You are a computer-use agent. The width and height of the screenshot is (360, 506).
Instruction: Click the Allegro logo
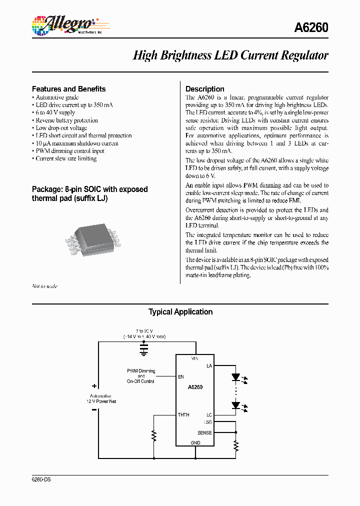(63, 25)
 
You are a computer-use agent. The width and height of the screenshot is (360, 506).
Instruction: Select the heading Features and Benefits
(68, 89)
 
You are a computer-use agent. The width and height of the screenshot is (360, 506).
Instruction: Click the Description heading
(204, 89)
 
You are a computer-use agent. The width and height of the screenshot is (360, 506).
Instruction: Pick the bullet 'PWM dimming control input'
(69, 151)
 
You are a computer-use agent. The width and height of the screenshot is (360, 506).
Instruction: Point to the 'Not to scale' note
(44, 286)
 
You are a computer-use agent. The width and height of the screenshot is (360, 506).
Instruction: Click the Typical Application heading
(180, 312)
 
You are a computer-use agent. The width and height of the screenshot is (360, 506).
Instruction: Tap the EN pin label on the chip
(180, 377)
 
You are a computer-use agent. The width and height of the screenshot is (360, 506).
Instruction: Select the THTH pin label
(183, 414)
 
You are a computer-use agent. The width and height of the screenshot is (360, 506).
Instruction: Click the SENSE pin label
(204, 433)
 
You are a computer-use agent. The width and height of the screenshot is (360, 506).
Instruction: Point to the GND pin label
(195, 442)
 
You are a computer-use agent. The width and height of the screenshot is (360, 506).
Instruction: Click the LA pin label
(209, 366)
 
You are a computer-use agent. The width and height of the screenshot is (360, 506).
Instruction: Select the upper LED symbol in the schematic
(236, 377)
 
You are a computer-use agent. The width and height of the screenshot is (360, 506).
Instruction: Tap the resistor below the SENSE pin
(236, 445)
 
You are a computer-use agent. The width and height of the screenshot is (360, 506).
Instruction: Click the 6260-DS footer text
(41, 479)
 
